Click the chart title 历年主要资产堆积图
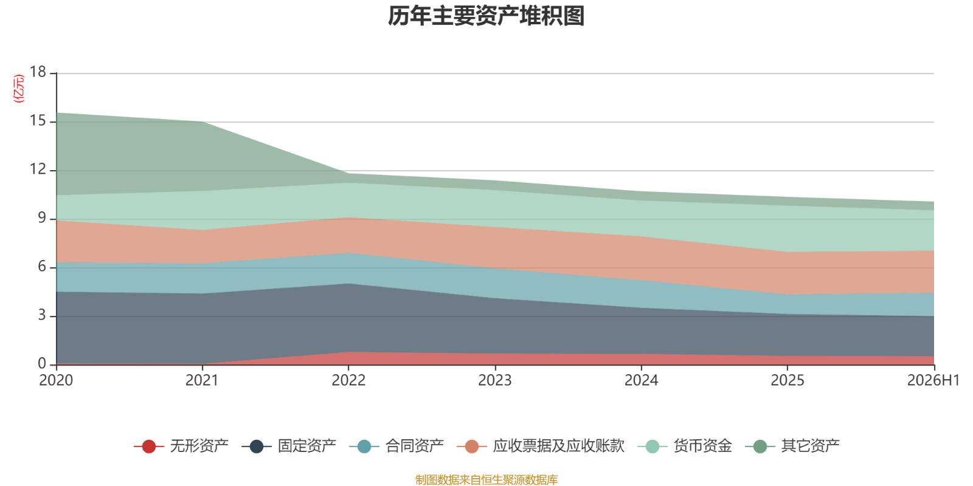click(486, 16)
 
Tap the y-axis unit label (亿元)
click(19, 89)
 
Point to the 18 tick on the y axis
click(38, 72)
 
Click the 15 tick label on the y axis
click(38, 121)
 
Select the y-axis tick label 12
click(38, 169)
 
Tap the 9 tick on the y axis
click(42, 218)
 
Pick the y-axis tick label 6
click(42, 267)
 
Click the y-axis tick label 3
click(42, 315)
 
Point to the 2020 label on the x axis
click(56, 380)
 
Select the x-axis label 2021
click(202, 380)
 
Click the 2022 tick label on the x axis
click(348, 380)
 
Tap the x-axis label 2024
click(641, 380)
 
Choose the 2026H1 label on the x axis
click(933, 380)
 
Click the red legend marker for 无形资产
click(149, 446)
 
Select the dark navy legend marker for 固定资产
click(257, 446)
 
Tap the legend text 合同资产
click(414, 446)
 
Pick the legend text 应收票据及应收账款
click(559, 446)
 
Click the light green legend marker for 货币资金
click(653, 446)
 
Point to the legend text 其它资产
click(810, 446)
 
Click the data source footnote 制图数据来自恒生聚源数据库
click(486, 479)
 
